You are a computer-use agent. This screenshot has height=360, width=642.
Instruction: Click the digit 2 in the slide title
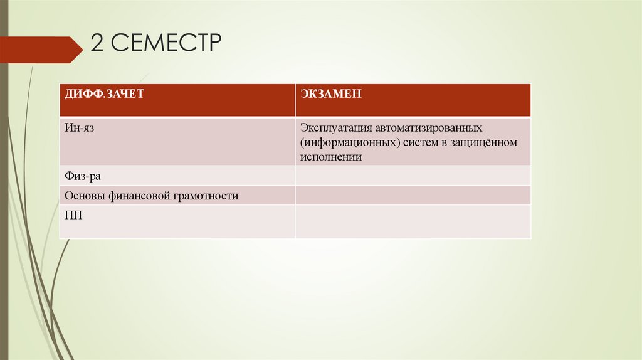[x=97, y=44]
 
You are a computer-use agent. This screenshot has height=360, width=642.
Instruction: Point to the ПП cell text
[x=73, y=215]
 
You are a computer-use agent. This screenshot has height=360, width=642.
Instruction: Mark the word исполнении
[x=331, y=157]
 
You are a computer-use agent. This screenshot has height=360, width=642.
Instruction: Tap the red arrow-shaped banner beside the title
[x=41, y=50]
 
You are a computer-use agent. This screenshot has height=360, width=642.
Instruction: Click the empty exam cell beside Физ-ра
[x=413, y=176]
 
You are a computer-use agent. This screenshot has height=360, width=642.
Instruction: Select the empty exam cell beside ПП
[x=413, y=221]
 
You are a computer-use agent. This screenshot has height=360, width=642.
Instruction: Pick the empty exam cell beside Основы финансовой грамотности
[x=413, y=195]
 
